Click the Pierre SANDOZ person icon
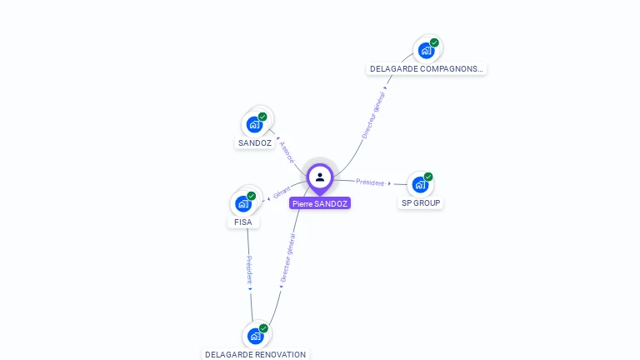320,177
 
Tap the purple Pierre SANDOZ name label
320,203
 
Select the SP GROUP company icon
420,184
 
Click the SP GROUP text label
421,203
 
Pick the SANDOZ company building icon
255,124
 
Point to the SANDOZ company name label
255,143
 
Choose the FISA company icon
243,203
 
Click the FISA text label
243,222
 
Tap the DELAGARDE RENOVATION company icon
256,336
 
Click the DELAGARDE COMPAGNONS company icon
426,50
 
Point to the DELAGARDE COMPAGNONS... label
426,69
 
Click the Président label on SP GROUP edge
370,182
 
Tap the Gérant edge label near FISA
281,194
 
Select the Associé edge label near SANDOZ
287,152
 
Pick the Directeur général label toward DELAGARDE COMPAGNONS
374,116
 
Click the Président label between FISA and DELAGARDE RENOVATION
248,271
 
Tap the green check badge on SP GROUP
428,177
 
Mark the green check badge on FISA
251,196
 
